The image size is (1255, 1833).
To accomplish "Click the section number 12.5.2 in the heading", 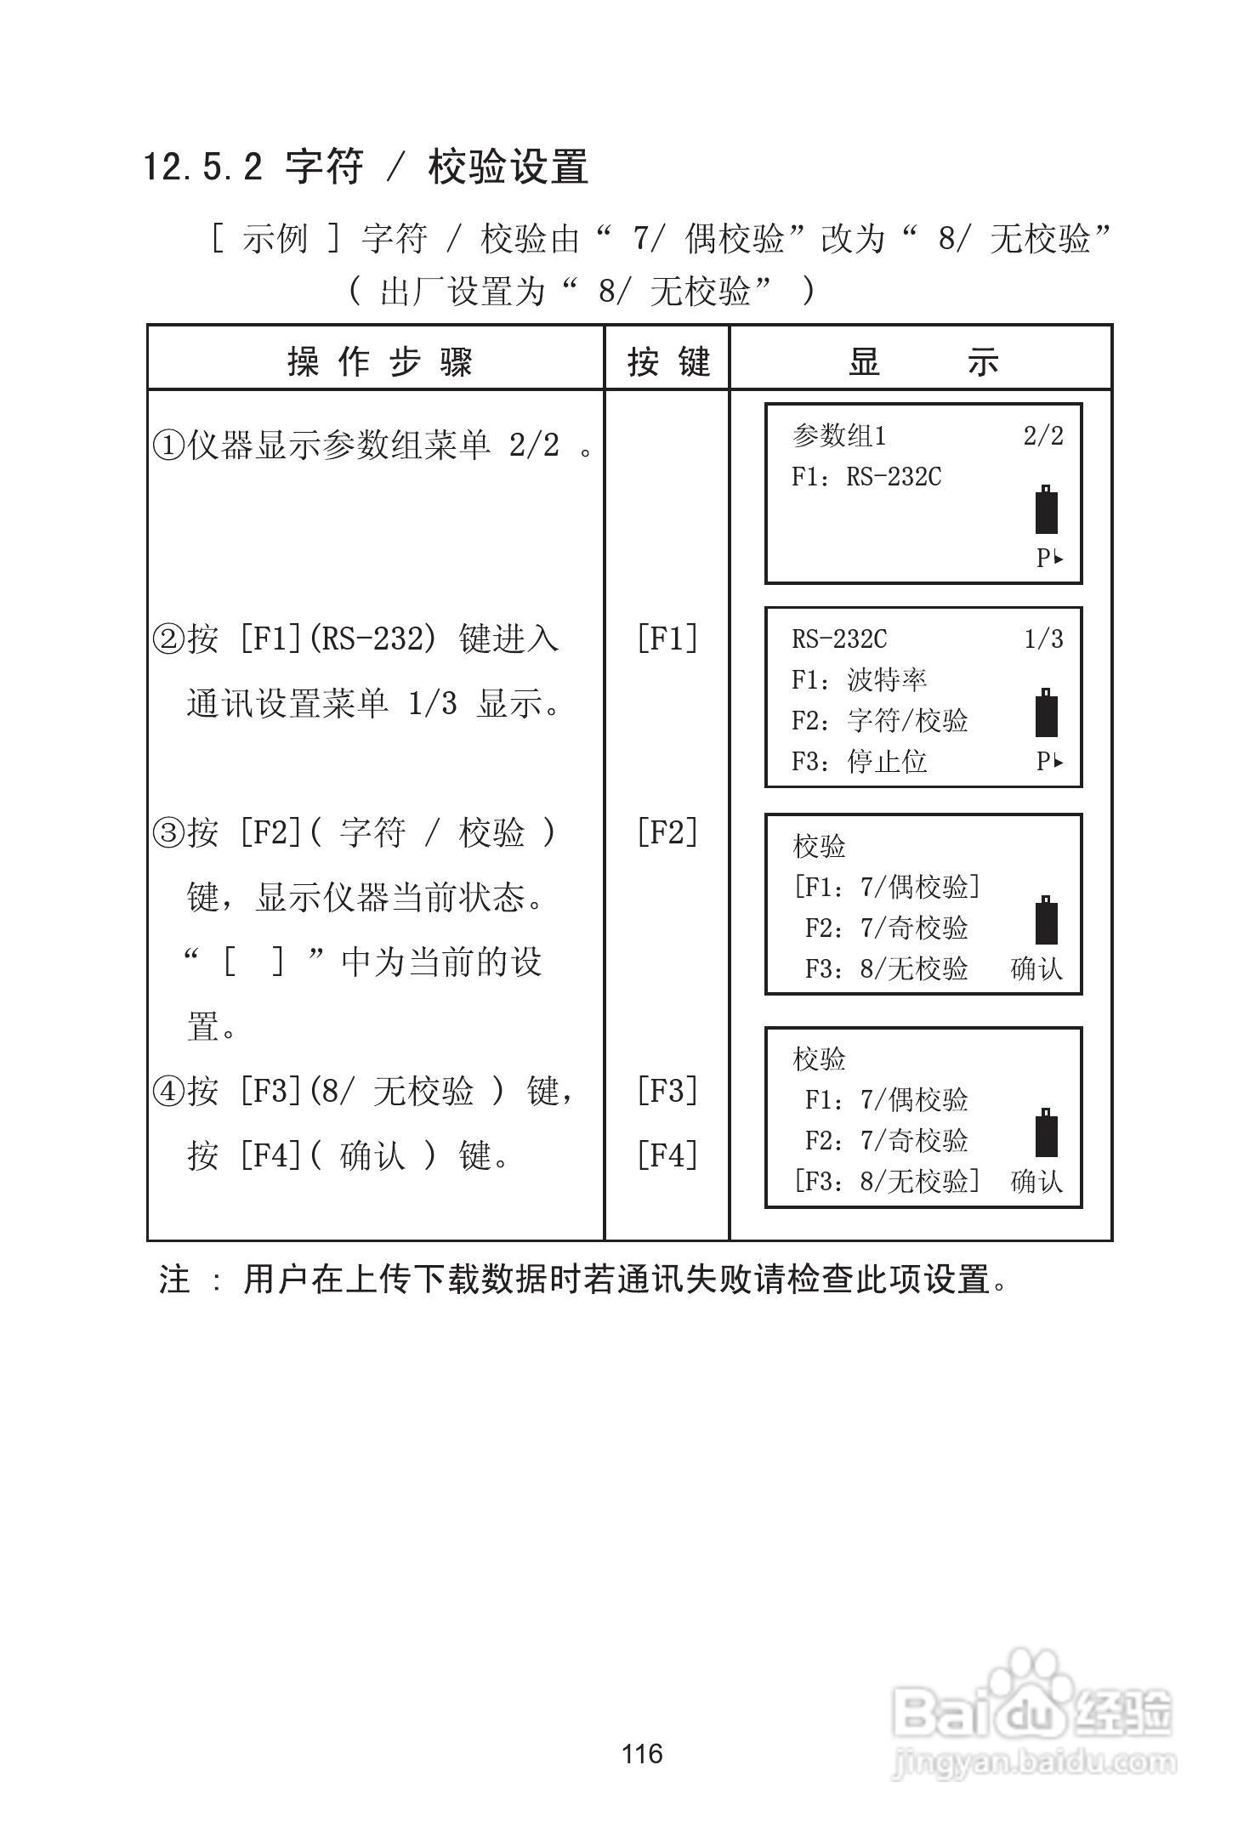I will pyautogui.click(x=202, y=167).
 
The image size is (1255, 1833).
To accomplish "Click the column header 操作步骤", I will pyautogui.click(x=379, y=362).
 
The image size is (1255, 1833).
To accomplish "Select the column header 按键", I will pyautogui.click(x=668, y=362).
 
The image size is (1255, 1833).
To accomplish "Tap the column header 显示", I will pyautogui.click(x=923, y=362).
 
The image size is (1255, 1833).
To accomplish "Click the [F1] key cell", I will pyautogui.click(x=667, y=638).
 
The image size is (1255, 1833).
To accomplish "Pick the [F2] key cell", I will pyautogui.click(x=667, y=832).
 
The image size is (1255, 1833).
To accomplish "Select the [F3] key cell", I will pyautogui.click(x=667, y=1090).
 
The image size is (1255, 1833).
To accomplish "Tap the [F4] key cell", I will pyautogui.click(x=667, y=1155).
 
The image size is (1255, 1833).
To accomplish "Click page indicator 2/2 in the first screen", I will pyautogui.click(x=1043, y=436).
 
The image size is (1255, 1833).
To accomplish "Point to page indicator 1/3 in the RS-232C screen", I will pyautogui.click(x=1043, y=639).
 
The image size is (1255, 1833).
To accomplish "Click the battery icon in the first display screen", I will pyautogui.click(x=1047, y=510).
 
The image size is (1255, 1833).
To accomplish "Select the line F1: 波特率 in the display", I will pyautogui.click(x=859, y=680).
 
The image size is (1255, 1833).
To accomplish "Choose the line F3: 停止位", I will pyautogui.click(x=859, y=762).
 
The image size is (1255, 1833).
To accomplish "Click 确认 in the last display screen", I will pyautogui.click(x=1036, y=1182).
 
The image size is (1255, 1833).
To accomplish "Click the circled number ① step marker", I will pyautogui.click(x=168, y=445).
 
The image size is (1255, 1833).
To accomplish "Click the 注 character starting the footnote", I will pyautogui.click(x=174, y=1280).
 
